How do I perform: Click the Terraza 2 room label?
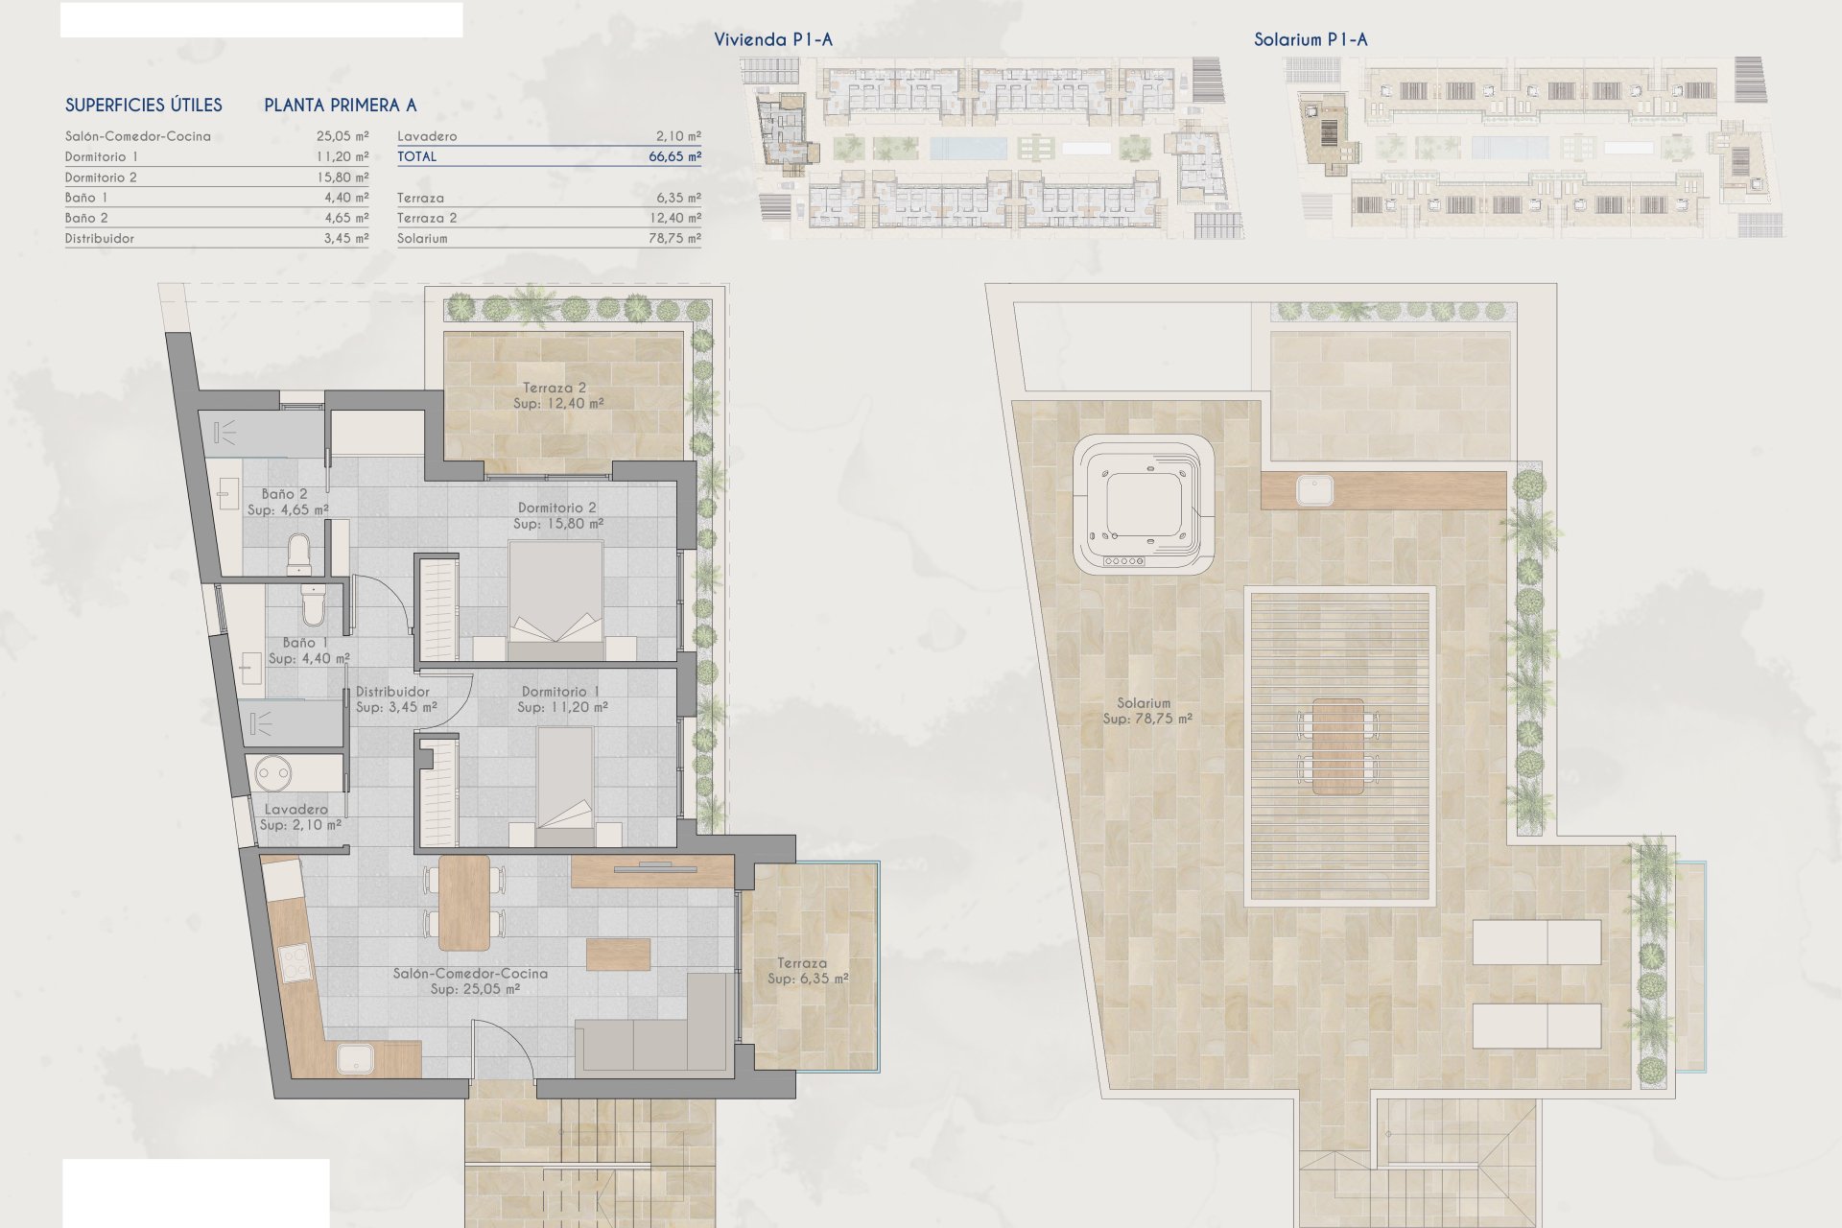[557, 395]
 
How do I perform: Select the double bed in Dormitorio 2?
[555, 600]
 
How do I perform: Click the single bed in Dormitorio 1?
[566, 786]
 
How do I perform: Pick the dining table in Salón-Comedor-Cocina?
[464, 902]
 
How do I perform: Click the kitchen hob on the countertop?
[295, 963]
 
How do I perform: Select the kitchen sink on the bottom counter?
[356, 1058]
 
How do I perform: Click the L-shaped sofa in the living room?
[652, 1027]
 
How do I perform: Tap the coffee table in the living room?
[619, 954]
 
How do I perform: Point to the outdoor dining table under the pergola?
[1337, 746]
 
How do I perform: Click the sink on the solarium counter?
[1313, 490]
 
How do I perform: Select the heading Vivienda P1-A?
[773, 39]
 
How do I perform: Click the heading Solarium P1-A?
[1311, 39]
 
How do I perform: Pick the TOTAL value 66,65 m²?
[674, 156]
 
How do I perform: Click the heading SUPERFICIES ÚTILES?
[144, 105]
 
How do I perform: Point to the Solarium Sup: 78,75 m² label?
[1146, 711]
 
